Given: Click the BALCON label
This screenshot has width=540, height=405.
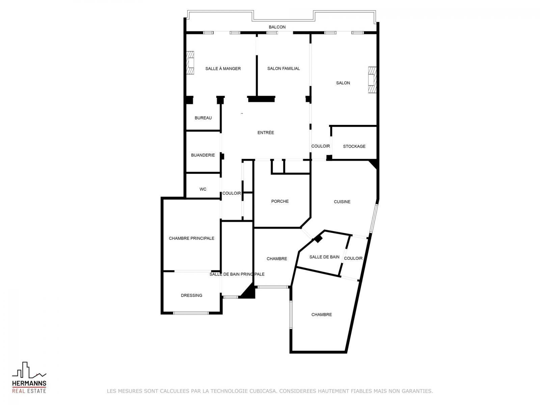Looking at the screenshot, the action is click(x=277, y=27).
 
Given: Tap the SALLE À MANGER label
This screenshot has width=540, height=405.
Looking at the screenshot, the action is click(x=223, y=69).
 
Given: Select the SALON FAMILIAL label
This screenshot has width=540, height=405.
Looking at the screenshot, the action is click(x=283, y=69).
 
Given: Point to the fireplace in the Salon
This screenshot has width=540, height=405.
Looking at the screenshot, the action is click(x=372, y=80).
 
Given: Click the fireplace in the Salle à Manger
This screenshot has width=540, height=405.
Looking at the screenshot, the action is click(x=190, y=62).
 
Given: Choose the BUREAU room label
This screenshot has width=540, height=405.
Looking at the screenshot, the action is click(x=203, y=118).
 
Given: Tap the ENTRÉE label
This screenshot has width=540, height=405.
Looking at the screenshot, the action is click(x=266, y=133).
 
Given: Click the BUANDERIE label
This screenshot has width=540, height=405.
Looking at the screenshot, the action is click(x=203, y=155).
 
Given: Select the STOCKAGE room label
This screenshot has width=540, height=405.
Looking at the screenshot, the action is click(x=354, y=146).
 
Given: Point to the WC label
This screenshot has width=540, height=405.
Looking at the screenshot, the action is click(x=203, y=189).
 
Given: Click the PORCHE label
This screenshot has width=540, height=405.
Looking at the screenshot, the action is click(x=280, y=201).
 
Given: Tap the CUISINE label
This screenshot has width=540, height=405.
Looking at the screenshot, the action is click(x=342, y=202).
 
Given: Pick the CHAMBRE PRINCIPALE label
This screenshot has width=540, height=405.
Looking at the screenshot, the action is click(x=191, y=238).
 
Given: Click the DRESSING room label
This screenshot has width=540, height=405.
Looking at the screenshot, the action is click(x=191, y=295).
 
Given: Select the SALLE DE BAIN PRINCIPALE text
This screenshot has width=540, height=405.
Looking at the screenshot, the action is click(x=237, y=274).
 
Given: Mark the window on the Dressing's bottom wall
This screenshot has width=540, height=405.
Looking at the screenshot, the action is click(x=191, y=313).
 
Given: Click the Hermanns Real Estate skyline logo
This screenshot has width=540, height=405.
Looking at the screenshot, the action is click(x=29, y=370).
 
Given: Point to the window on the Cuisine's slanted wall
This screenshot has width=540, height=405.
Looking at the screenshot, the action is click(x=374, y=219).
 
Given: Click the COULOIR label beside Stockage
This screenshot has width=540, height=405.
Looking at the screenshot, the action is click(x=320, y=146).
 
